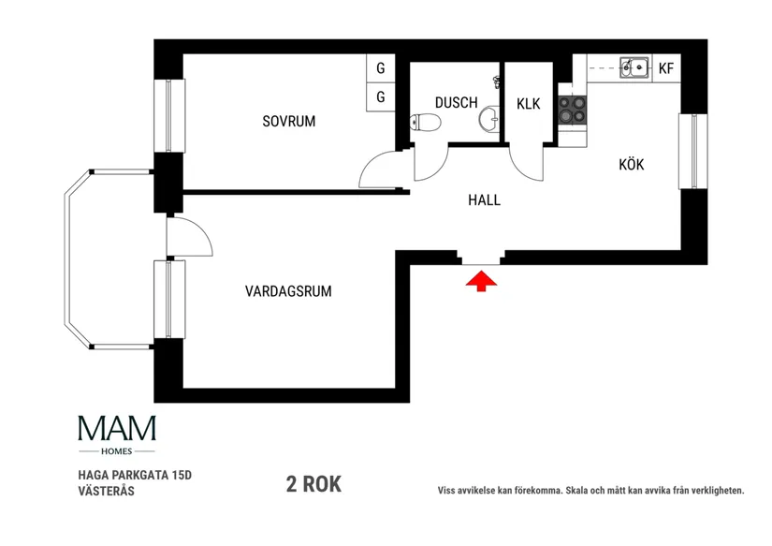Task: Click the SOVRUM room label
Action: tap(288, 121)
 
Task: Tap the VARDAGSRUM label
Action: tap(288, 291)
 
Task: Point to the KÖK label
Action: tap(632, 165)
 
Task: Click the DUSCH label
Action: tap(456, 103)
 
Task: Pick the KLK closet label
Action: tap(528, 103)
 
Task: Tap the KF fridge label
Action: tap(666, 67)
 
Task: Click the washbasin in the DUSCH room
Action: tap(489, 119)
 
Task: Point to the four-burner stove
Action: tap(572, 111)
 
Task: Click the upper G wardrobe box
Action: tap(381, 68)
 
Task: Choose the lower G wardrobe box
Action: tap(381, 96)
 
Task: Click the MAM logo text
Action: tap(117, 429)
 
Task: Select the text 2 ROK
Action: tap(313, 484)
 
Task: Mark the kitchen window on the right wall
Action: tap(692, 151)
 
